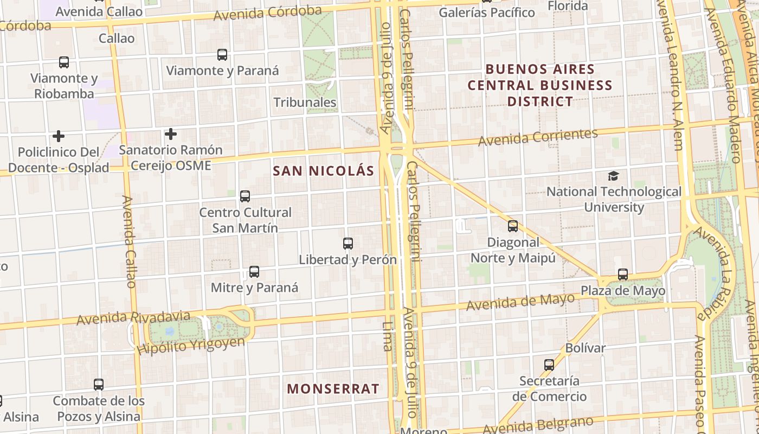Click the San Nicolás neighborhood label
point(324,171)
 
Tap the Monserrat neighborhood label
point(333,389)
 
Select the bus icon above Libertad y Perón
point(348,244)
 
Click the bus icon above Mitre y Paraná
point(254,272)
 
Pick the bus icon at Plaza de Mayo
point(622,275)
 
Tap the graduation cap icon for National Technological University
point(613,176)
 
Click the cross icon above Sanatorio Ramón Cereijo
point(171,133)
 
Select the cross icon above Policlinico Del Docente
point(59,136)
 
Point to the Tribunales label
point(305,103)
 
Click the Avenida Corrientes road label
point(537,137)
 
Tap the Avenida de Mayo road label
point(520,302)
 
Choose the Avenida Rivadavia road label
point(133,318)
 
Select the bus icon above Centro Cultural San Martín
point(245,196)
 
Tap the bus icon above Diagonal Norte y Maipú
point(512,226)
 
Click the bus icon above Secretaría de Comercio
point(549,365)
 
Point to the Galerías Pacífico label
point(487,12)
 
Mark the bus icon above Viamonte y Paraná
point(222,55)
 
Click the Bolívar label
point(586,348)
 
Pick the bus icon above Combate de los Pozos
point(99,385)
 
